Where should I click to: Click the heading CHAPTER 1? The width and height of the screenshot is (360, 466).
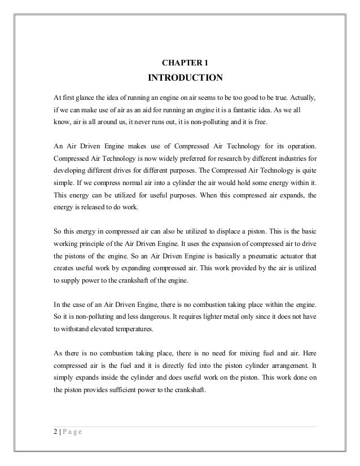tap(180, 60)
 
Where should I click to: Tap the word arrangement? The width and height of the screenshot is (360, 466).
tap(279, 363)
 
